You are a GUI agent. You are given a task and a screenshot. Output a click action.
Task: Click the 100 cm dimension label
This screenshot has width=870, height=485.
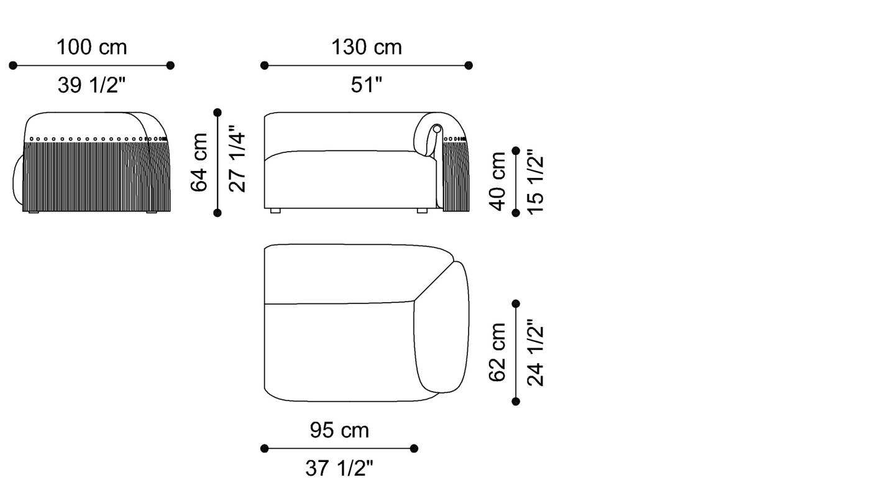click(91, 47)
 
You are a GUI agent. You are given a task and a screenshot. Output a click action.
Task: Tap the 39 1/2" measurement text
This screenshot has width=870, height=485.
click(91, 85)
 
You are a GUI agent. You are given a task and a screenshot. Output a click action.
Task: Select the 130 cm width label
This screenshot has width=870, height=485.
click(366, 47)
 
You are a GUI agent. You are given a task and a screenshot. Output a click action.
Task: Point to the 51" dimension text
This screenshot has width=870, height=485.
click(366, 85)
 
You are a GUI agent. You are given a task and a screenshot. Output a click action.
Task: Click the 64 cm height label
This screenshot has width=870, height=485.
click(199, 162)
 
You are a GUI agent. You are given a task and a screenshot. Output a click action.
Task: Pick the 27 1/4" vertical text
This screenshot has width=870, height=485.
click(237, 162)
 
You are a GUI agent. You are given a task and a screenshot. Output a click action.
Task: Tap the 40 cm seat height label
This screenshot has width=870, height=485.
click(498, 182)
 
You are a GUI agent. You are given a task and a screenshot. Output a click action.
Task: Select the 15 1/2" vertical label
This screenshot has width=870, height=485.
click(536, 182)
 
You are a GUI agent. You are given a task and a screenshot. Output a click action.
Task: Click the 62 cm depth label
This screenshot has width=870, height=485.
click(498, 353)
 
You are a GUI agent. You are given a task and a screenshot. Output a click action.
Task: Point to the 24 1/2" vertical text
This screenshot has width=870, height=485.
click(536, 353)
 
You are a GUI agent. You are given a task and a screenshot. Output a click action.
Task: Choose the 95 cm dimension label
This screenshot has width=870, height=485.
click(339, 430)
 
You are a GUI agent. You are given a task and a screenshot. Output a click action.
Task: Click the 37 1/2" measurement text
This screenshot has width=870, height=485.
click(339, 468)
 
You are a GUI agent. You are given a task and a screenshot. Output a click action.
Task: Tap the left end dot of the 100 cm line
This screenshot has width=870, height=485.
click(13, 65)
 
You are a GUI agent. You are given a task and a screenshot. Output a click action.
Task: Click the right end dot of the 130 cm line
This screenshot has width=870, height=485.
click(469, 65)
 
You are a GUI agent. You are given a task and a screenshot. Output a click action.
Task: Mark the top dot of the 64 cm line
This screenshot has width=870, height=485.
click(217, 113)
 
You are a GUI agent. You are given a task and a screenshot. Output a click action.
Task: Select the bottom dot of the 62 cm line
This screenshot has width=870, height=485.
click(516, 402)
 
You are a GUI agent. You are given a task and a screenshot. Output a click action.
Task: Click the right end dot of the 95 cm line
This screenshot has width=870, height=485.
click(414, 448)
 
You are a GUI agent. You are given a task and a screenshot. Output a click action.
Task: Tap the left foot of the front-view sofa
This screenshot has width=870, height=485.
click(276, 211)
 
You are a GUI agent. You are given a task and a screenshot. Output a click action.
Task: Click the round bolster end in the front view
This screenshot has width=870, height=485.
click(437, 129)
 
